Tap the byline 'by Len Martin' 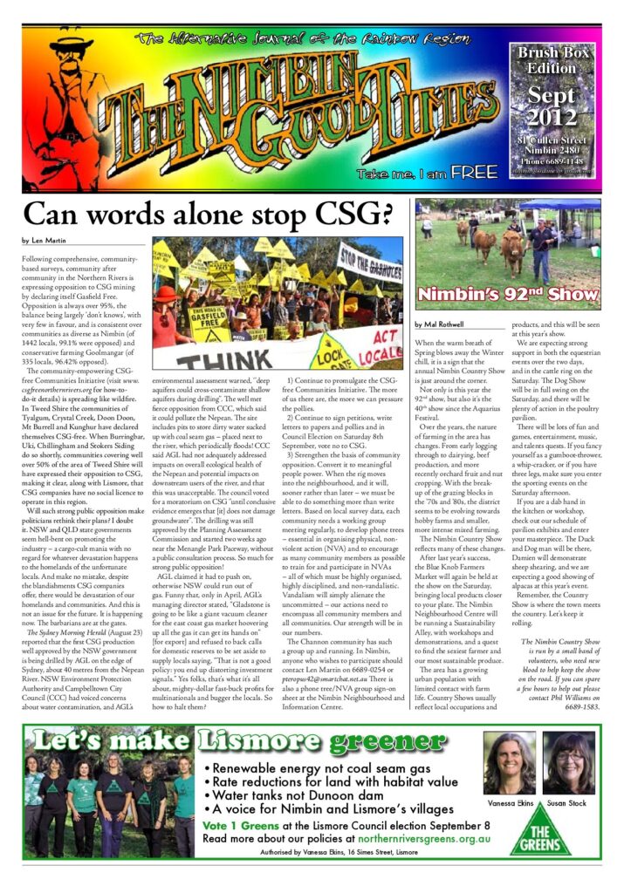click(45, 240)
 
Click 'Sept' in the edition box click(552, 95)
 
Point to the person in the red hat click(167, 298)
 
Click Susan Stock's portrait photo click(573, 762)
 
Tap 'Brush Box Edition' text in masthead click(552, 60)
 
